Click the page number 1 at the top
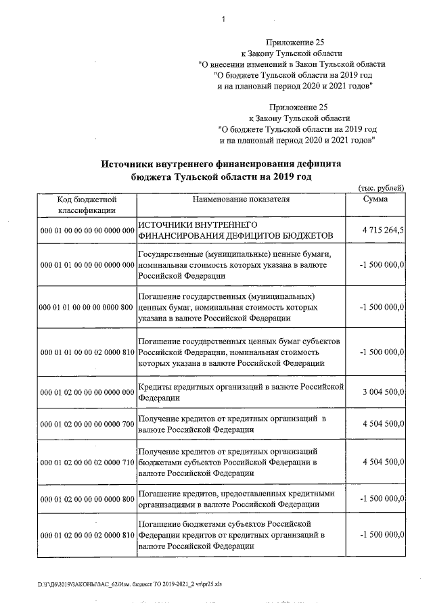pos(223,19)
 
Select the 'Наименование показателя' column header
pos(241,199)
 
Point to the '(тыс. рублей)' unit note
pos(380,187)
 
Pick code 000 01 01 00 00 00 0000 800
pos(87,308)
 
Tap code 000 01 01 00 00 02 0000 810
pos(88,352)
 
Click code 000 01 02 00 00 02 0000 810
pos(88,535)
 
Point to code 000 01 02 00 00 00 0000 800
pos(88,499)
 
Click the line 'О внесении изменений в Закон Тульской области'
pos(292,64)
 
